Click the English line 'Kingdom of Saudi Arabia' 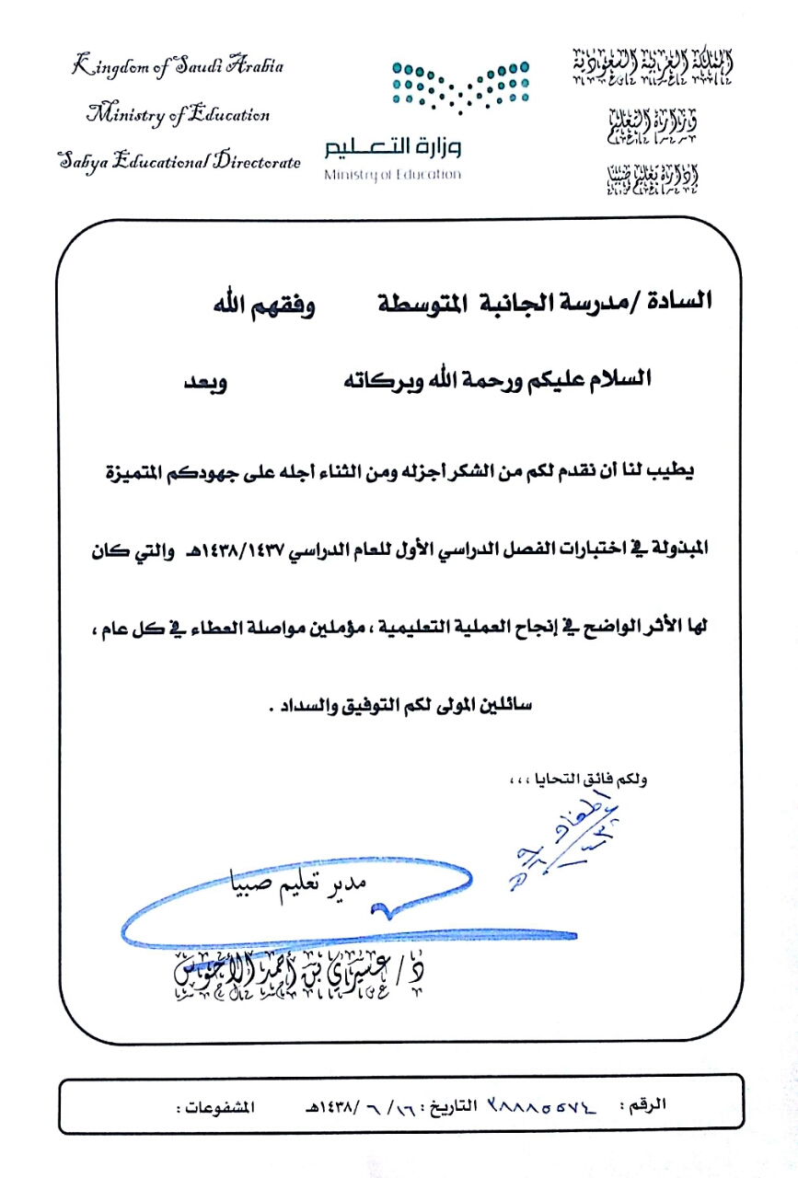coord(178,67)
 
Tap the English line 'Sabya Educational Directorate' coord(179,162)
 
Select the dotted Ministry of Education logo coord(460,83)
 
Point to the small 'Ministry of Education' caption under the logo coord(392,174)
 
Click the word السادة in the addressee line coord(682,300)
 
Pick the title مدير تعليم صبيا coord(298,884)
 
